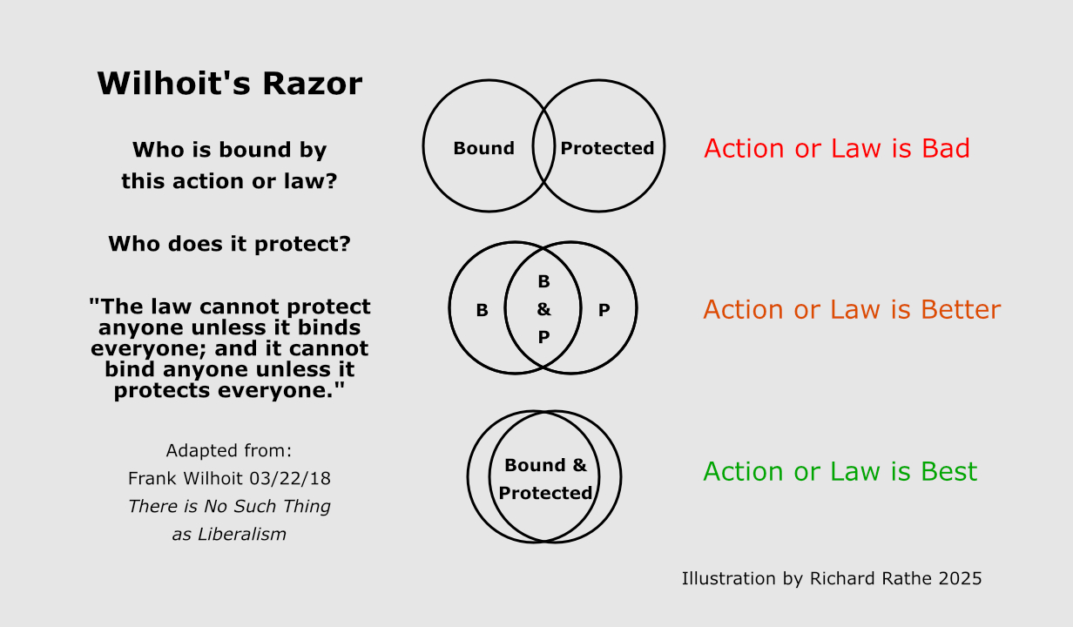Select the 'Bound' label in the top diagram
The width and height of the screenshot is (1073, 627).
483,148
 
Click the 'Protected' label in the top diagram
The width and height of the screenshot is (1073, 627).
607,148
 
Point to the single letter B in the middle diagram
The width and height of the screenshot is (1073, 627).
482,310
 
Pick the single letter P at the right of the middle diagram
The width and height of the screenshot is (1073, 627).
604,310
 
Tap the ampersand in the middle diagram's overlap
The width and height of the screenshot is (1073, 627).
543,309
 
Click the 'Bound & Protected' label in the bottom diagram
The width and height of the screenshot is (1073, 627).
545,479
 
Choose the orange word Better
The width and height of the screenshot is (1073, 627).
956,310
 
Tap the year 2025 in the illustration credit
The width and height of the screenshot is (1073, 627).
960,578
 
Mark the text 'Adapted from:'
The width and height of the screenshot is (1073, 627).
229,451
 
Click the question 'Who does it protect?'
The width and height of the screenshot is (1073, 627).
229,244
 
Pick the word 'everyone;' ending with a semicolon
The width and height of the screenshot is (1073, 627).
150,348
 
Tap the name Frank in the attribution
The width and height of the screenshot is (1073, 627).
152,479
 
